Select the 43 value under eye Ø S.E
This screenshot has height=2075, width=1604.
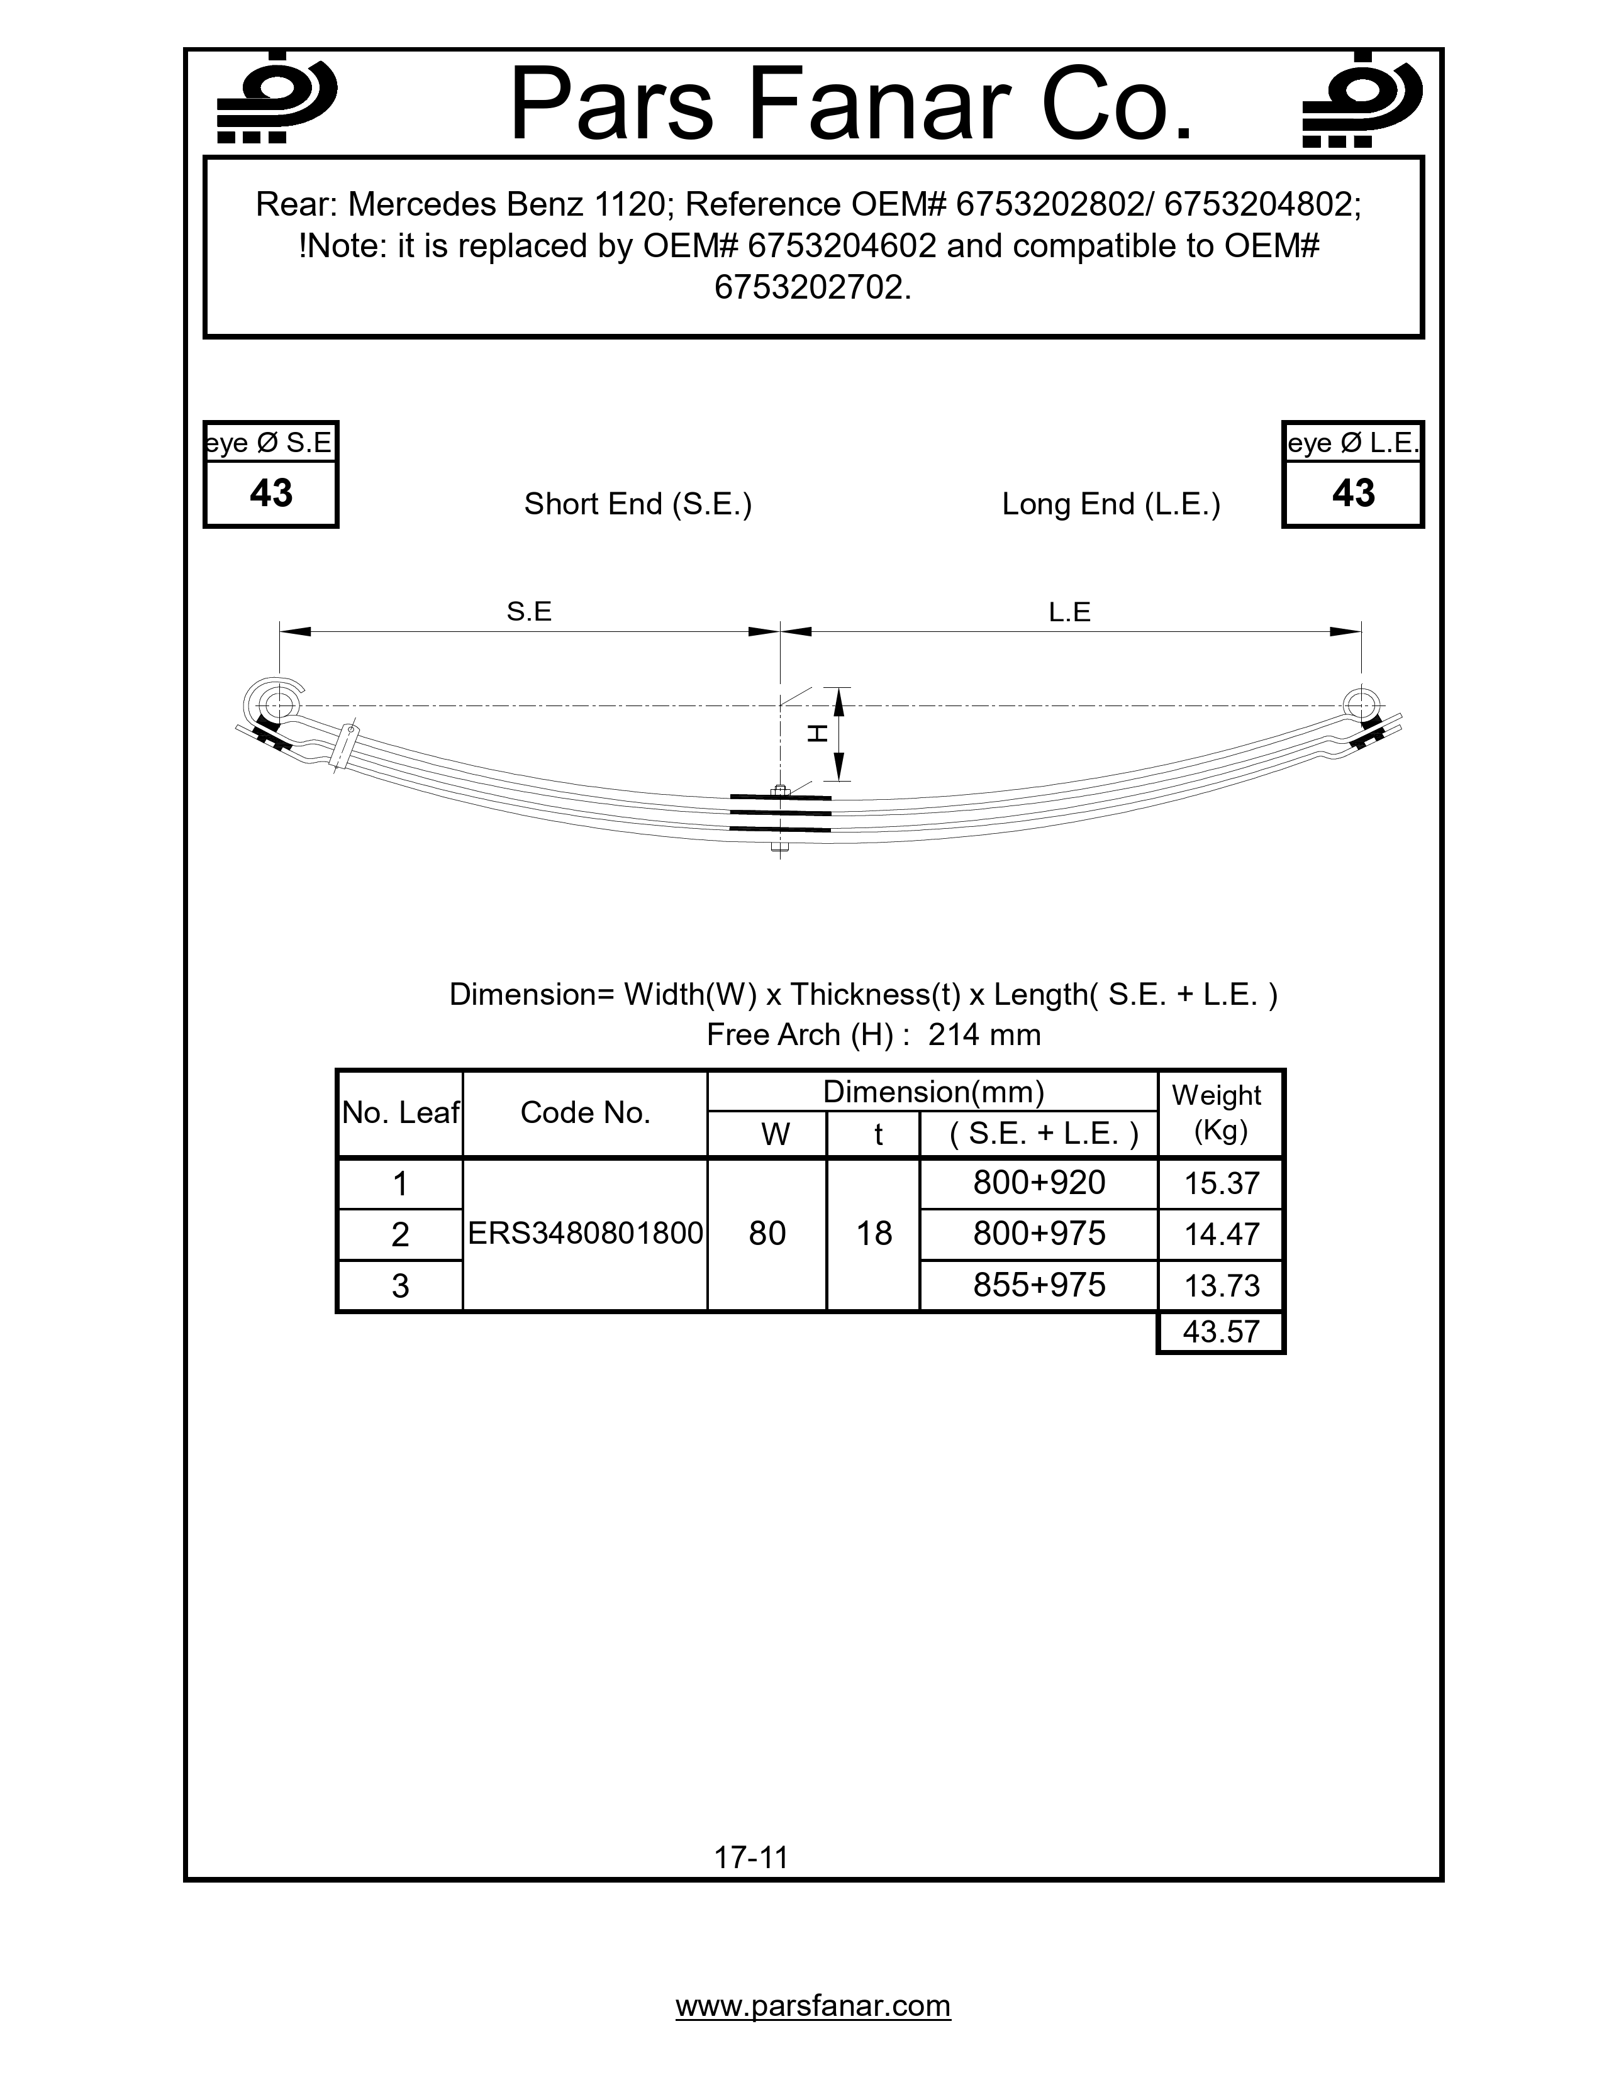271,493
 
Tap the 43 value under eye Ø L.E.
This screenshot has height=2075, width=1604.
1352,493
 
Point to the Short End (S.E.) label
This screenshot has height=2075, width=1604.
638,504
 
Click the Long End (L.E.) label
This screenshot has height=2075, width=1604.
1111,504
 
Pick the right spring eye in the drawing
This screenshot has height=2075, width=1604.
1361,705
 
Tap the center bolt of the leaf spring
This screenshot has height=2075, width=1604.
780,817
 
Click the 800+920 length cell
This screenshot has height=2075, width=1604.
1039,1183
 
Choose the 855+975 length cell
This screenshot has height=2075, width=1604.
1039,1285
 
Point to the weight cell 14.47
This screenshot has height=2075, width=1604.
1221,1234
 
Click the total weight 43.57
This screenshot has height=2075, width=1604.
1221,1332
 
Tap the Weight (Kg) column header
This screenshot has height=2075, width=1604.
1219,1112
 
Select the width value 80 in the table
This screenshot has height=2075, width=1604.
767,1233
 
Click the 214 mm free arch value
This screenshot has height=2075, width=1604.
984,1034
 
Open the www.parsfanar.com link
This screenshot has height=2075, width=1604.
813,2006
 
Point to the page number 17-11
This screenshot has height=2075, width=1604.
750,1857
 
